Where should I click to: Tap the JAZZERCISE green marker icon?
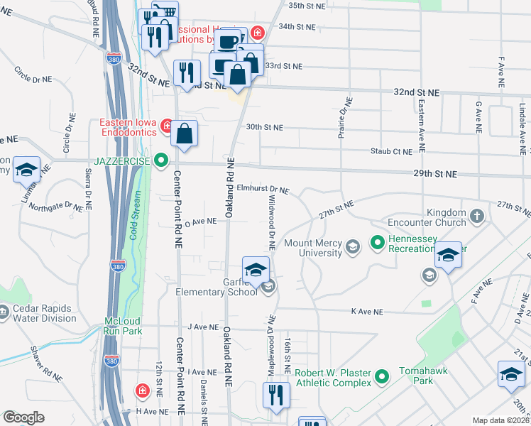tap(162, 161)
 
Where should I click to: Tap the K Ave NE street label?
tap(367, 312)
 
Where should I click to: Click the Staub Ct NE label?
tap(391, 151)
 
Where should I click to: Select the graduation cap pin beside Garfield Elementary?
tap(256, 270)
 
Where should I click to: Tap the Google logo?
tap(23, 417)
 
